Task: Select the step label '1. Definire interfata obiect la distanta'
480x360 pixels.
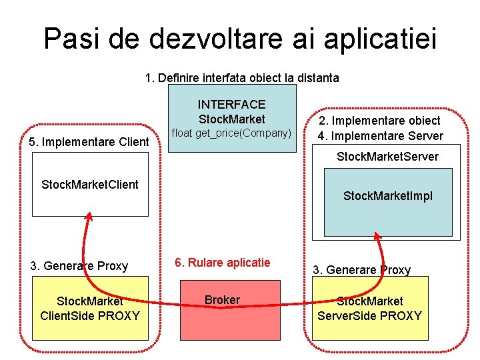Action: pyautogui.click(x=242, y=78)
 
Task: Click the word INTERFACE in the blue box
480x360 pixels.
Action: pyautogui.click(x=231, y=105)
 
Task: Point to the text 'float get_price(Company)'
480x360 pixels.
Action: pyautogui.click(x=231, y=133)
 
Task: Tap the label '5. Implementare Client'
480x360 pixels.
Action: pyautogui.click(x=90, y=141)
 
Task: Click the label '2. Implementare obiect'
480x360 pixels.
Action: pyautogui.click(x=379, y=121)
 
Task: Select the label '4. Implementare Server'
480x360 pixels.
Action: pyautogui.click(x=379, y=136)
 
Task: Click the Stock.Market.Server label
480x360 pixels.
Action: pyautogui.click(x=387, y=157)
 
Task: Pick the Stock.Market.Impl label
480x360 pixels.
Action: pyautogui.click(x=387, y=196)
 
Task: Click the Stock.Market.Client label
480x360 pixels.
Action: pyautogui.click(x=90, y=184)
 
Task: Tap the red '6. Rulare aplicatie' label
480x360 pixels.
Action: pyautogui.click(x=222, y=263)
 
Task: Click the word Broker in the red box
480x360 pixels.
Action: pyautogui.click(x=222, y=300)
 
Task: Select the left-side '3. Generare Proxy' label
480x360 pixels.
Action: pyautogui.click(x=79, y=266)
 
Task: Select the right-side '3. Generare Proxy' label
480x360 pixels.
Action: pyautogui.click(x=362, y=270)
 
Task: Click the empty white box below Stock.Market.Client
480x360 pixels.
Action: pyautogui.click(x=90, y=203)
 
